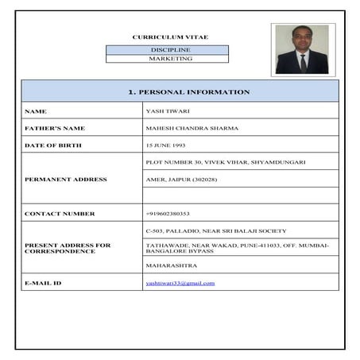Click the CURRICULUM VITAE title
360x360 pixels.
click(x=167, y=37)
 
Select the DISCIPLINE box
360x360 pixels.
click(x=167, y=49)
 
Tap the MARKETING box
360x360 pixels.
click(x=167, y=59)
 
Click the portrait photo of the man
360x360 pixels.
click(x=302, y=49)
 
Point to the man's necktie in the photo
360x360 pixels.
click(x=303, y=62)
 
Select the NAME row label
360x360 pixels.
click(x=37, y=111)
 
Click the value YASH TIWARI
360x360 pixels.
click(x=165, y=111)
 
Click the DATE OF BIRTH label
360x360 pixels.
click(x=52, y=145)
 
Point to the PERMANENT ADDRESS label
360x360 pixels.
click(x=65, y=180)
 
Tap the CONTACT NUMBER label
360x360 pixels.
click(x=60, y=214)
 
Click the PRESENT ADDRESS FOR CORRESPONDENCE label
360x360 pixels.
click(x=68, y=248)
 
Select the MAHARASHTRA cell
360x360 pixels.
click(x=172, y=265)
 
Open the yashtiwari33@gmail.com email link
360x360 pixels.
click(x=180, y=283)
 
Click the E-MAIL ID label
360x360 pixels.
click(x=43, y=283)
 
